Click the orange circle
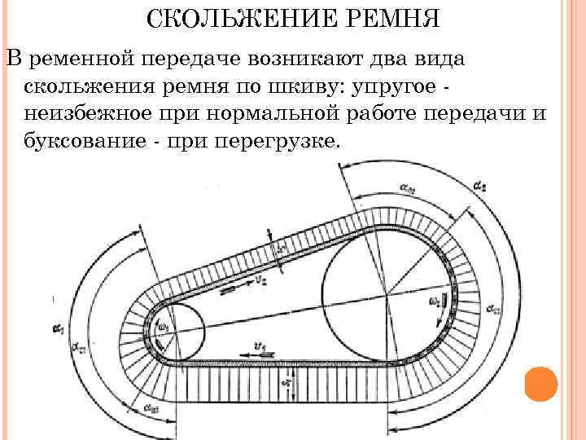coord(541,384)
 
